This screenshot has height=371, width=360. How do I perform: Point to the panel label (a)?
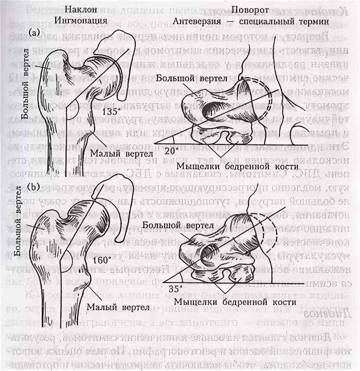(34, 32)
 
